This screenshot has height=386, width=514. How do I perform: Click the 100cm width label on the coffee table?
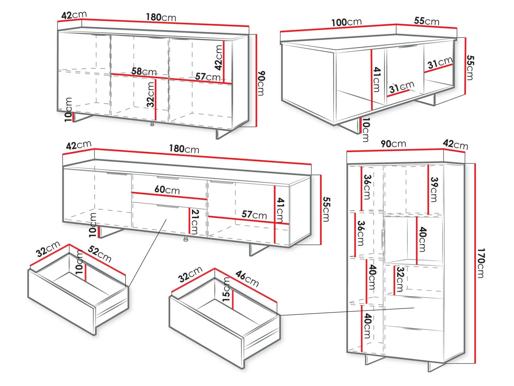point(346,22)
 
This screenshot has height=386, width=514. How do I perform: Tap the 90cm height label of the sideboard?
point(261,83)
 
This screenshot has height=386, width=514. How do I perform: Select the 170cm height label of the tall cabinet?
point(481,263)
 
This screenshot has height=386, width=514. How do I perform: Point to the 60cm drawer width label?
point(167,190)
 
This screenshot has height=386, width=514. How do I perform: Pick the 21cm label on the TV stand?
point(195,222)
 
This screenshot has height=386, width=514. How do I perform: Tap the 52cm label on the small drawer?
point(100,254)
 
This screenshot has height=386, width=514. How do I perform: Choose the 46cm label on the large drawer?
point(247,279)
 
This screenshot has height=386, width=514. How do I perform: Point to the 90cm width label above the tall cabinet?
point(393,144)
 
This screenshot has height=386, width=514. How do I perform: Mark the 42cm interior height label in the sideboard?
point(219,58)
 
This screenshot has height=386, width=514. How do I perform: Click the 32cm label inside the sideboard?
point(150,95)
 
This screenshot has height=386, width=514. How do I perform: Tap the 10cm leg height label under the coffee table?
point(366,130)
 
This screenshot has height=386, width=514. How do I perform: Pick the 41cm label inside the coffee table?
point(376,80)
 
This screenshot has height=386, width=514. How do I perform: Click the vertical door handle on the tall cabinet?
point(382,240)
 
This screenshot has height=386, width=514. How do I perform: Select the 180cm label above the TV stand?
point(184,149)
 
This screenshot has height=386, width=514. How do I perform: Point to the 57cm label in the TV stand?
point(254,215)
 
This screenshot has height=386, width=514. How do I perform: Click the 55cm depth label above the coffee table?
point(427,21)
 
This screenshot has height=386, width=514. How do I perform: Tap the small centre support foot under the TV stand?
point(186,239)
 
